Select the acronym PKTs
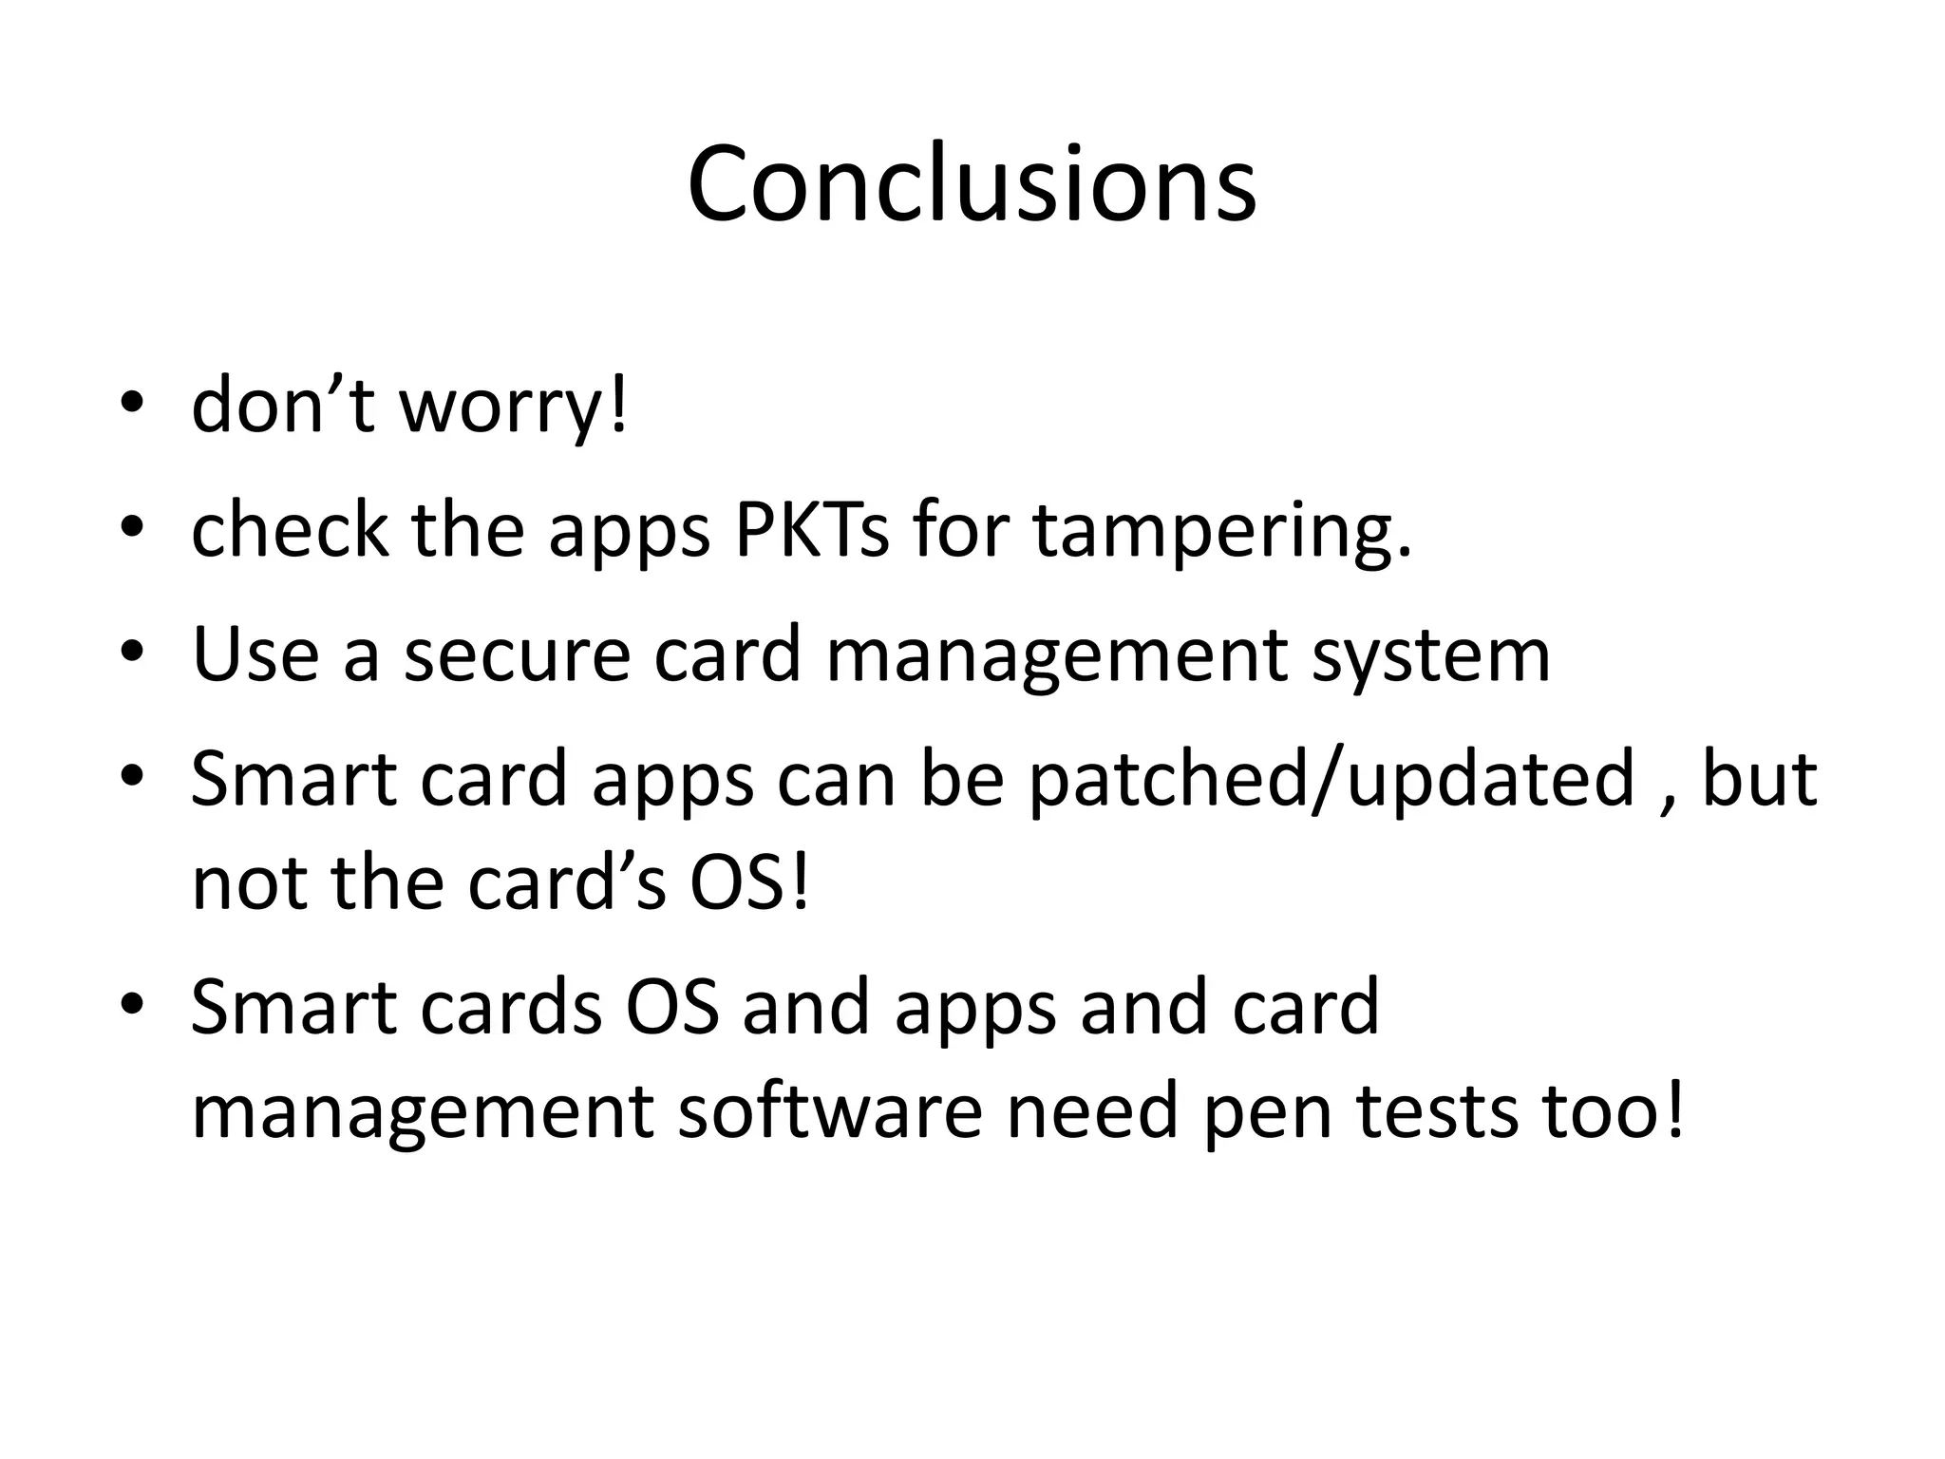pyautogui.click(x=812, y=530)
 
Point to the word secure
pyautogui.click(x=518, y=654)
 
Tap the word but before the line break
pyautogui.click(x=1759, y=779)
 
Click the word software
pyautogui.click(x=829, y=1110)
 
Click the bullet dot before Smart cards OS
pyautogui.click(x=132, y=1003)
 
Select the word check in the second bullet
pyautogui.click(x=290, y=530)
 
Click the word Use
pyautogui.click(x=255, y=654)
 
